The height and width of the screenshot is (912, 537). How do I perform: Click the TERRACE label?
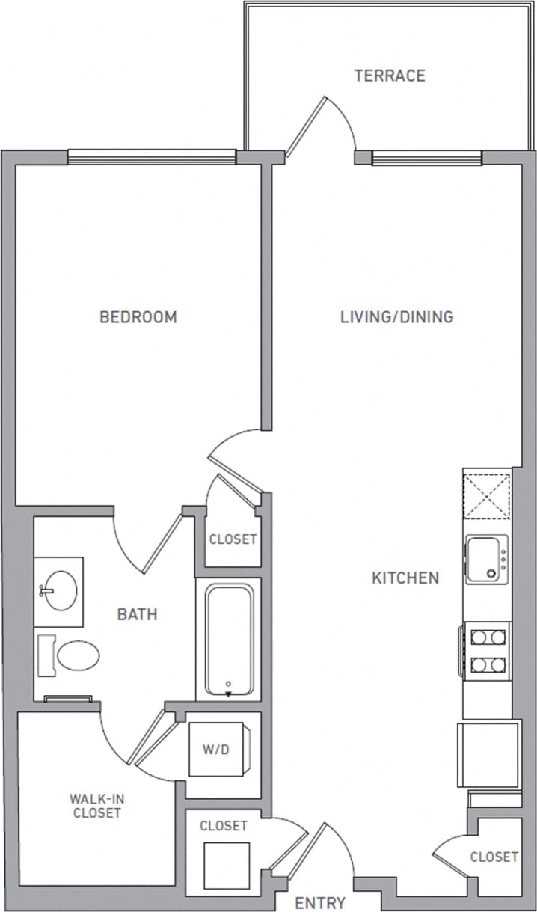(x=390, y=76)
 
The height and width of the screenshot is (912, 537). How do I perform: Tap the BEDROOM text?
(x=138, y=317)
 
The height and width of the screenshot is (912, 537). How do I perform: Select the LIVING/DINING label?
(x=396, y=317)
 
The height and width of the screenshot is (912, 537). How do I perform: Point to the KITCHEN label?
(x=405, y=578)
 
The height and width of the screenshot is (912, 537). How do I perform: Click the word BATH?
(x=137, y=615)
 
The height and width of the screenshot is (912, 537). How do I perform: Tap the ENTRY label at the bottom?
(x=320, y=902)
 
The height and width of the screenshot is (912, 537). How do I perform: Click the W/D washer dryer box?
(x=216, y=749)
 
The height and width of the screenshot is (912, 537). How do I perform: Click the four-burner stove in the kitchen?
(x=486, y=650)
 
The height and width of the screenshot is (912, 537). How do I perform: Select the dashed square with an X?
(x=486, y=495)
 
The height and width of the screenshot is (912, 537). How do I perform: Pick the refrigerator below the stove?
(x=489, y=753)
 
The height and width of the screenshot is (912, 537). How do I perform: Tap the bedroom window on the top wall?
(x=151, y=157)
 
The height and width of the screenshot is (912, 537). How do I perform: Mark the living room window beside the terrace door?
(x=426, y=158)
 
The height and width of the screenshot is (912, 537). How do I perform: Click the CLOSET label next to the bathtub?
(x=233, y=539)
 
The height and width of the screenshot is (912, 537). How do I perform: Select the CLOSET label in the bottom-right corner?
(x=494, y=857)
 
